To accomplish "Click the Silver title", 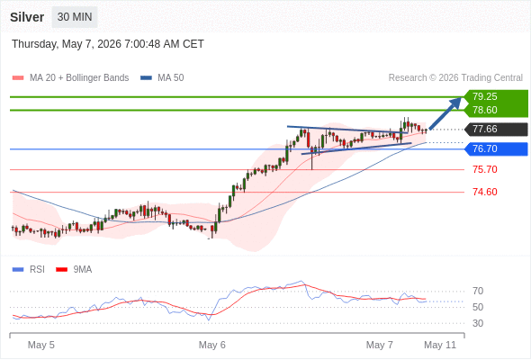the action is click(27, 17).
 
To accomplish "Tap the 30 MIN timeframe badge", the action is click(75, 17).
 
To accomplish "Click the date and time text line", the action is click(108, 44).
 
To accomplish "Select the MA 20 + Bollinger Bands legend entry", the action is click(70, 78).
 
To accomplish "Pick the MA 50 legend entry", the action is click(162, 78).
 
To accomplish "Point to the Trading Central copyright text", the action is click(455, 78).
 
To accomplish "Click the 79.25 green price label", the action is click(484, 96).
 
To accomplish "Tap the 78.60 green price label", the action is click(484, 110).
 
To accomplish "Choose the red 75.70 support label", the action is click(484, 169).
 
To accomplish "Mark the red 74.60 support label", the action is click(484, 192).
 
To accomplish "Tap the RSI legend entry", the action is click(29, 270).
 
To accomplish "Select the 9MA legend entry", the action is click(74, 270).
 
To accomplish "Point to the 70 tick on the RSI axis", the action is click(478, 291).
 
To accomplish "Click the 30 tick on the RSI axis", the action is click(478, 323).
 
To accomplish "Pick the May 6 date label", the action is click(212, 345).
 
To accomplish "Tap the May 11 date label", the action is click(440, 345).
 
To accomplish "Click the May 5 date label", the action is click(41, 345).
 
